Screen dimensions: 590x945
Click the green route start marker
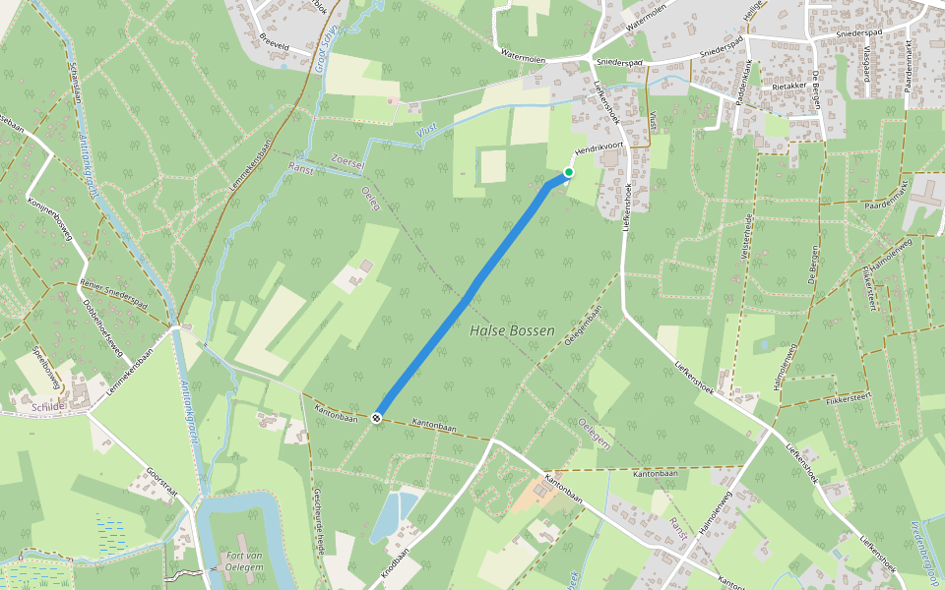569,173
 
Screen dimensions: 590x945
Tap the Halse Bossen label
512,331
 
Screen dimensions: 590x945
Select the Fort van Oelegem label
241,560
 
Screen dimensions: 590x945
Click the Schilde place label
47,406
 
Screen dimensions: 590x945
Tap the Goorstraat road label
161,483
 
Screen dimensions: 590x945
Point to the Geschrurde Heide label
318,516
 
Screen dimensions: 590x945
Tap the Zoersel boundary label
348,157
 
